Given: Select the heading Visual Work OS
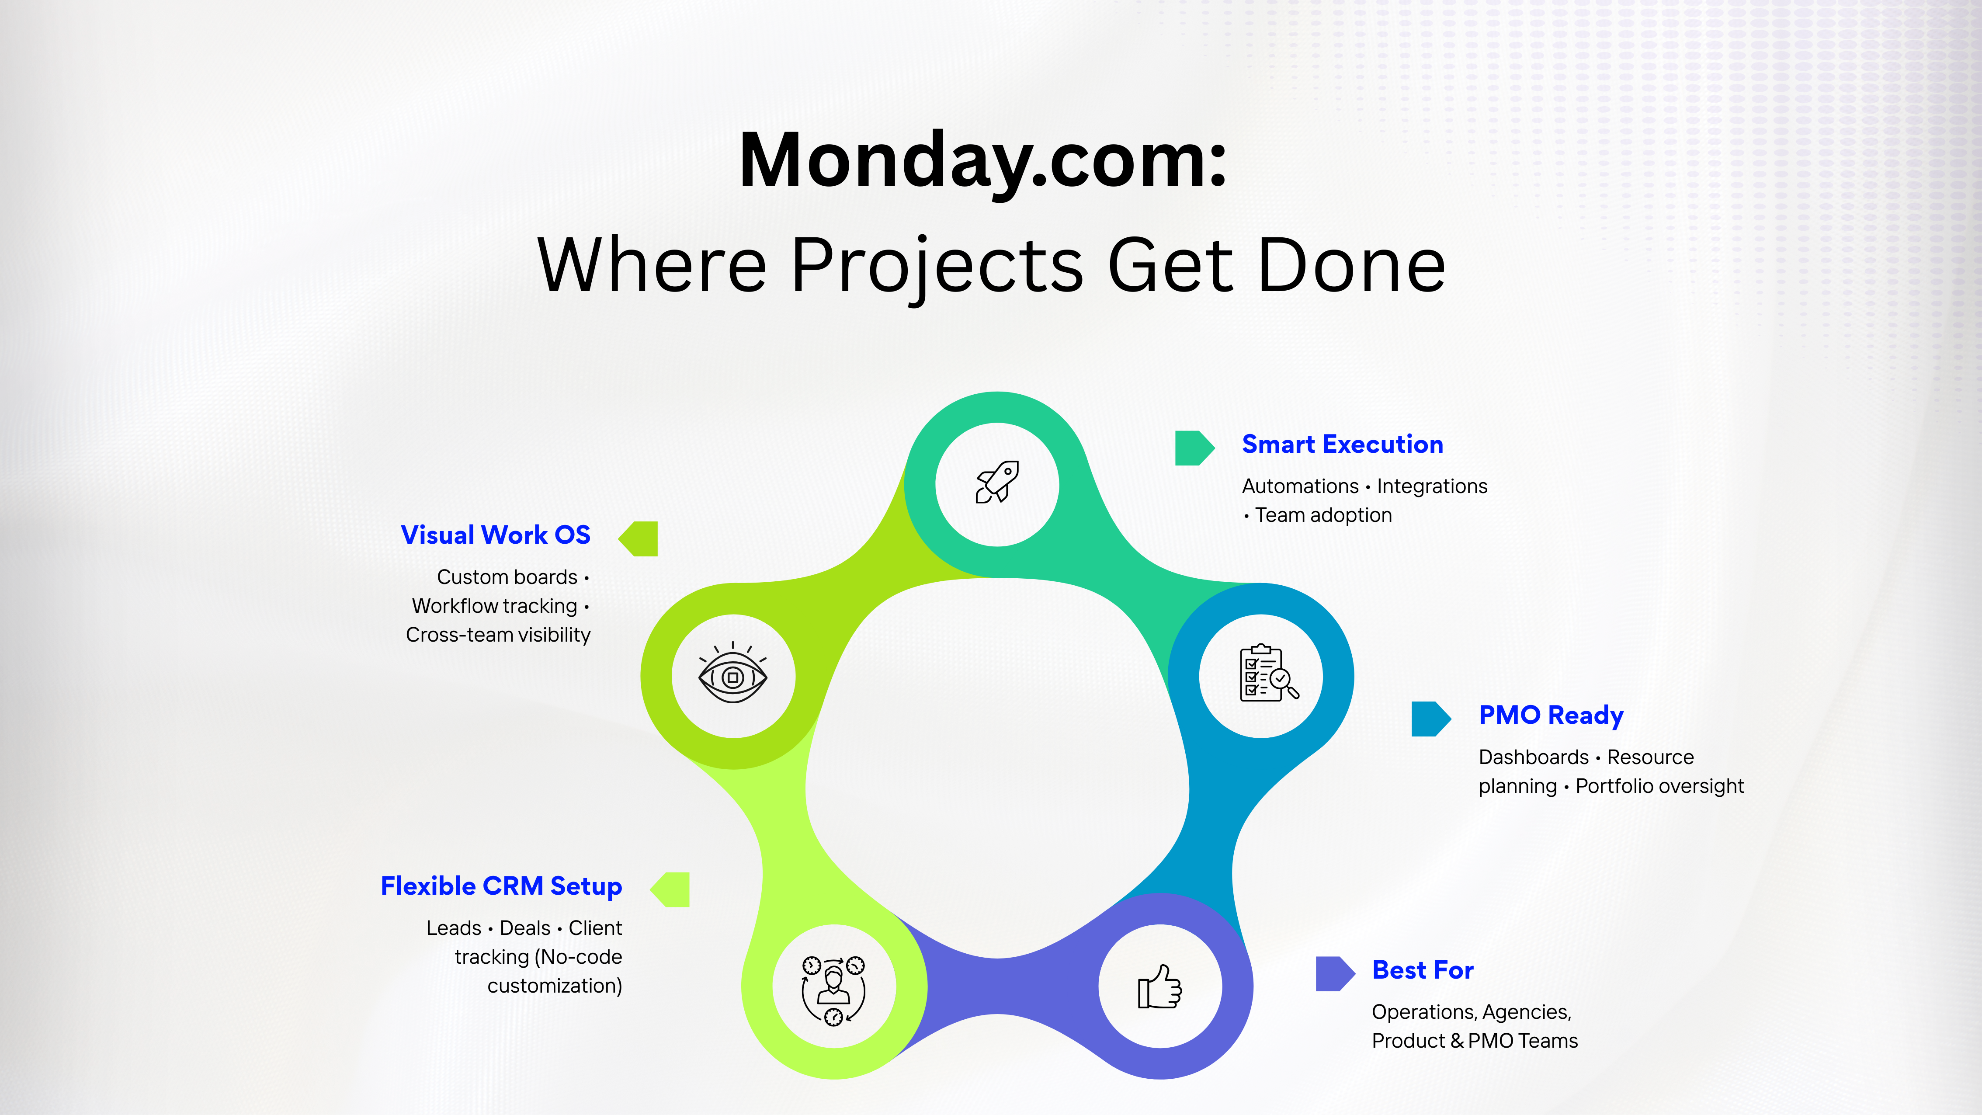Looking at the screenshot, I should pos(496,535).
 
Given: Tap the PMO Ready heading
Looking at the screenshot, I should pos(1550,715).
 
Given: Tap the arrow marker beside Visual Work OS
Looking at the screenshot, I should pos(639,538).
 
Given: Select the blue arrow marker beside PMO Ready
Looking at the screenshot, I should pos(1430,719).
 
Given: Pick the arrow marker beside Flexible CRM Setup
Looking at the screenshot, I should pos(671,889).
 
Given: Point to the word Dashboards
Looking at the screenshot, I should pos(1533,757).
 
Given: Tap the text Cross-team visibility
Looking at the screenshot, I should pos(498,635).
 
